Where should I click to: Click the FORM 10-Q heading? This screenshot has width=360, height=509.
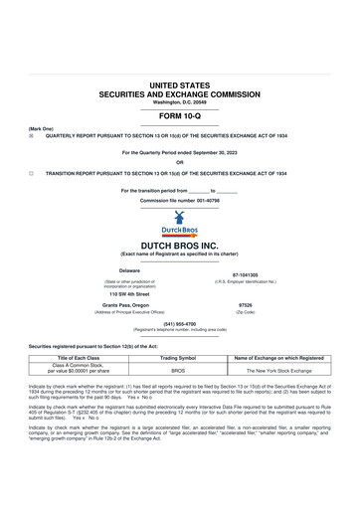tap(179, 116)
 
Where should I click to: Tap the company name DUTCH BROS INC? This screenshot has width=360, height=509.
tap(179, 244)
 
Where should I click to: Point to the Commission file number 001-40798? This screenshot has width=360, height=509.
tap(179, 200)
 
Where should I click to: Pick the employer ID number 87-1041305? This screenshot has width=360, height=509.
tap(245, 274)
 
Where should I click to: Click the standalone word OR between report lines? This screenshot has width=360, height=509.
tap(179, 162)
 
